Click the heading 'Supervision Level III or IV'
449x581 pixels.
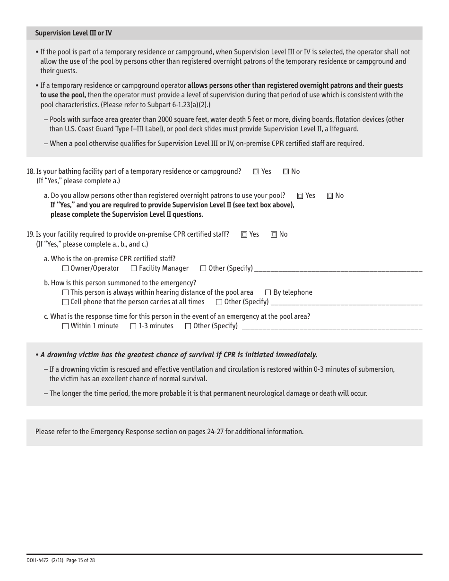[73, 34]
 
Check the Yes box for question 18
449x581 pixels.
[256, 172]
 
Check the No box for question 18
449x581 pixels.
[286, 172]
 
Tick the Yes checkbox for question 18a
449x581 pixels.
[300, 196]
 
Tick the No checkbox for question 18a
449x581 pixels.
[330, 196]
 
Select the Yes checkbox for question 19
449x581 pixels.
[244, 235]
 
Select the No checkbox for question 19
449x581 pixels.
[274, 235]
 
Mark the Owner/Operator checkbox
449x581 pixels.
[65, 269]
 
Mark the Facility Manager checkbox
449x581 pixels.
[134, 269]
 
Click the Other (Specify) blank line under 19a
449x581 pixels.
[338, 269]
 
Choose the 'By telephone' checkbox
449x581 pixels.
[268, 293]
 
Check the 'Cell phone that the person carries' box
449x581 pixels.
[65, 302]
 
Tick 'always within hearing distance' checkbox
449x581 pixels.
[65, 293]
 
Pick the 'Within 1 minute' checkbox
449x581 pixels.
[65, 326]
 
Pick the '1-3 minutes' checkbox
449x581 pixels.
[133, 326]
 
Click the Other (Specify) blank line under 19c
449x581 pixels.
[332, 327]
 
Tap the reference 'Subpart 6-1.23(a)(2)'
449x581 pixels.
[179, 105]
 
